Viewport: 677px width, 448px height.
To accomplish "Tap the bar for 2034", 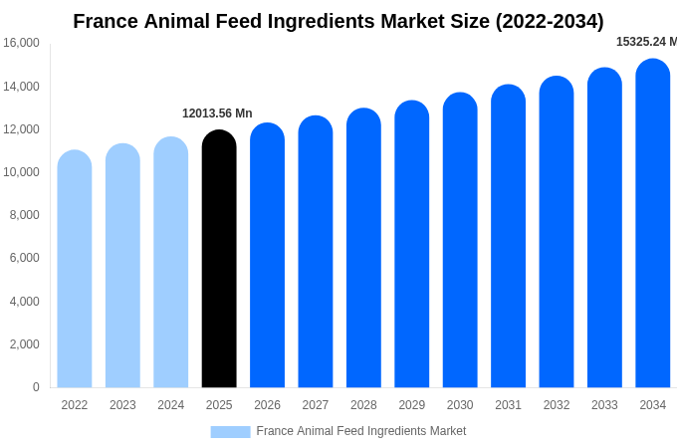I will pos(653,224).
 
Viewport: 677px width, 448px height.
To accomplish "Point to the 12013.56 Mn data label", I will pos(217,113).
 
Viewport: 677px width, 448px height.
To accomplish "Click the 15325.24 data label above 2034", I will pos(645,42).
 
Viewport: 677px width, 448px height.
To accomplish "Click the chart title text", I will pos(338,21).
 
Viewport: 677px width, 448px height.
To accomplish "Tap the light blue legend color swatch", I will pos(230,431).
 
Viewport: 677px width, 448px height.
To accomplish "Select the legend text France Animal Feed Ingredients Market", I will pos(361,431).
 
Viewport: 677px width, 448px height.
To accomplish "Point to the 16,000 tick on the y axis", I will pos(21,43).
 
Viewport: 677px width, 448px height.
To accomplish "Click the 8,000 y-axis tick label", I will pos(24,215).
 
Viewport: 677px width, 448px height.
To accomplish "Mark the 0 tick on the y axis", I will pos(36,387).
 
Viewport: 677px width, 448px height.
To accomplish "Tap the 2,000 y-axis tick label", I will pos(24,344).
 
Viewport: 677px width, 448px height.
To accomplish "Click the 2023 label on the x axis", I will pos(122,405).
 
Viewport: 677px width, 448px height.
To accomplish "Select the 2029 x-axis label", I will pos(412,405).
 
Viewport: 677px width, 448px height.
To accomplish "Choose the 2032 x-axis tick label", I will pos(557,405).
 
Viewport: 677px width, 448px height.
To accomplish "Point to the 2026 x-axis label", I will pos(267,405).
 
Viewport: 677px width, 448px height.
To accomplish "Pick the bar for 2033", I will pos(604,228).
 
